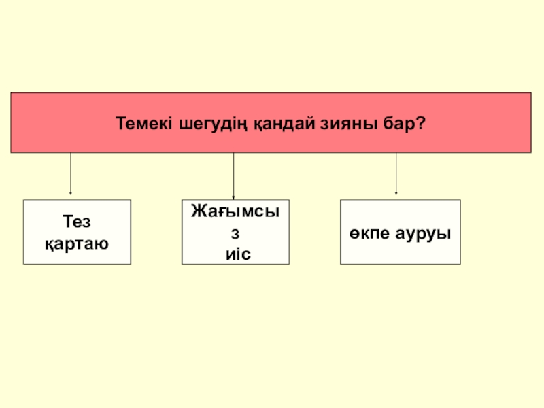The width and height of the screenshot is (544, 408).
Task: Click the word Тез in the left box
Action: (x=77, y=221)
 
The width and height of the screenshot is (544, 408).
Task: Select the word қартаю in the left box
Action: (x=77, y=242)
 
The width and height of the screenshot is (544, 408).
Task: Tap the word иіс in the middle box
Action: (x=235, y=254)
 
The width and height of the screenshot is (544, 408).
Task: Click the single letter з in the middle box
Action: (x=235, y=233)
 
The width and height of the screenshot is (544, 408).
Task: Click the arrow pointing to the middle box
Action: (x=233, y=175)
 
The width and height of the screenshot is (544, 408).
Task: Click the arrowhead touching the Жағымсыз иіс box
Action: (x=233, y=197)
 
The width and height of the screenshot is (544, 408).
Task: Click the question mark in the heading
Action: (x=422, y=124)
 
